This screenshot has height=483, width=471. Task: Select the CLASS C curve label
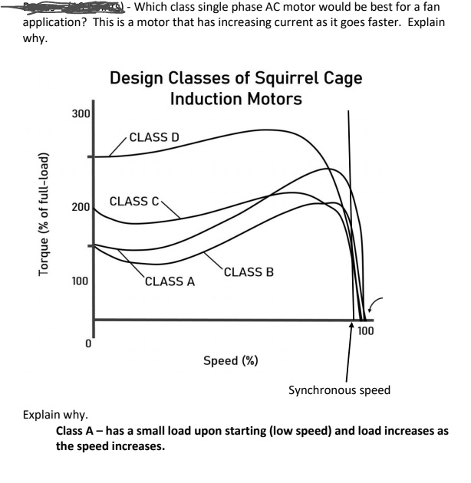click(x=134, y=202)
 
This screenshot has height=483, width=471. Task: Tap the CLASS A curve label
click(x=170, y=281)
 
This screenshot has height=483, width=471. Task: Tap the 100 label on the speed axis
click(x=365, y=331)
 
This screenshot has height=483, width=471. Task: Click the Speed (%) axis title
click(x=230, y=361)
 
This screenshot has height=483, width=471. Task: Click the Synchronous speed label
click(x=339, y=390)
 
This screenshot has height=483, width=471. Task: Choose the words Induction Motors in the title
click(x=237, y=100)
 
